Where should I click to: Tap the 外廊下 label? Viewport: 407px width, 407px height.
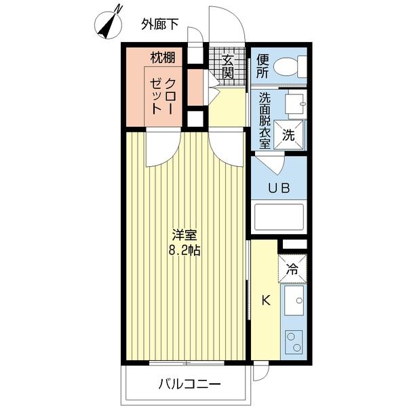[160, 25]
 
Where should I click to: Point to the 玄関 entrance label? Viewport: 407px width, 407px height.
[228, 65]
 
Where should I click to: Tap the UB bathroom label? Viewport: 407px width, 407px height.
[278, 187]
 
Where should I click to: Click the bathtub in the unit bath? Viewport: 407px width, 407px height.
[279, 219]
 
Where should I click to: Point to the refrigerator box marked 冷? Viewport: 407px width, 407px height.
[292, 267]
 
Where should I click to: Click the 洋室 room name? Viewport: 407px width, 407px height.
[184, 235]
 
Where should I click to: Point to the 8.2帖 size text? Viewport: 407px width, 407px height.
[184, 250]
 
